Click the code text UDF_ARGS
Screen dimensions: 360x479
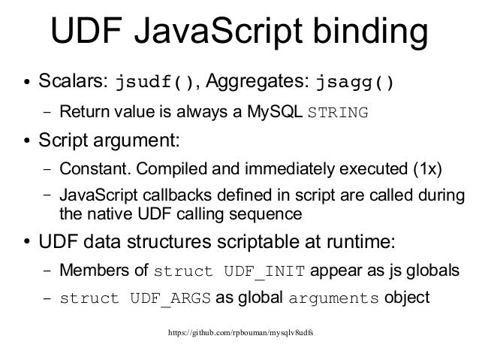click(x=173, y=298)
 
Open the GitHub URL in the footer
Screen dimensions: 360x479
click(x=239, y=331)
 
